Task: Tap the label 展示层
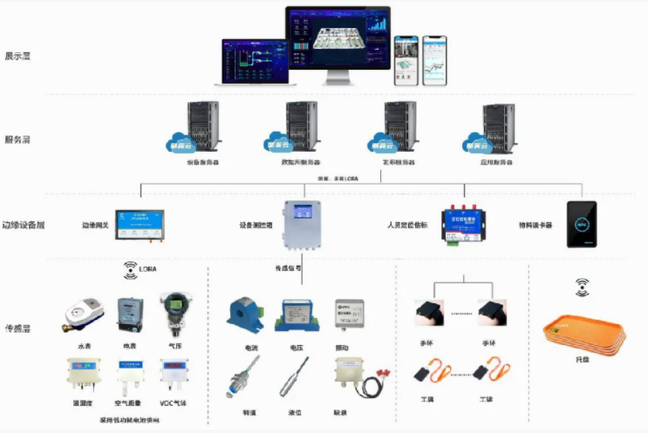coord(17,56)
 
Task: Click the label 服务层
coord(17,139)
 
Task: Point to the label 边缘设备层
coord(23,225)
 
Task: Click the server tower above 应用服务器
coord(499,128)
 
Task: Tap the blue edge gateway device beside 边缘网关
coord(140,224)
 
